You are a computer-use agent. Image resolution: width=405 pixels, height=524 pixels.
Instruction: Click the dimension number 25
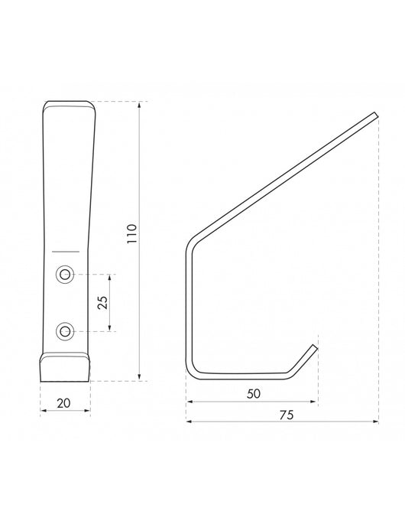pyautogui.click(x=102, y=302)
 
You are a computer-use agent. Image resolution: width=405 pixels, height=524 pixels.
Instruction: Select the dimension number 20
pyautogui.click(x=65, y=401)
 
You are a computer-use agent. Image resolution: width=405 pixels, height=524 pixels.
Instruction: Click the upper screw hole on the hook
pyautogui.click(x=66, y=273)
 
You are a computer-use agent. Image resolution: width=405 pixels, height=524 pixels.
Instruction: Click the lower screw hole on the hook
pyautogui.click(x=66, y=330)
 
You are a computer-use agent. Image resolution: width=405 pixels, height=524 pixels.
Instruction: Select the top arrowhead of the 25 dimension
pyautogui.click(x=112, y=275)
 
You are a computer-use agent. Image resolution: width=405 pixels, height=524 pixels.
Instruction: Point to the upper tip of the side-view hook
pyautogui.click(x=375, y=115)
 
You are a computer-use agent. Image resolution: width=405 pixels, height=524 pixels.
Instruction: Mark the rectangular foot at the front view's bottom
pyautogui.click(x=65, y=367)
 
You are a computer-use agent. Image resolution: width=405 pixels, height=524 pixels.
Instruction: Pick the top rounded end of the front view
pyautogui.click(x=68, y=104)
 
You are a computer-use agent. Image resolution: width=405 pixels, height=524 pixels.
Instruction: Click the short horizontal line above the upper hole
pyautogui.click(x=66, y=251)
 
